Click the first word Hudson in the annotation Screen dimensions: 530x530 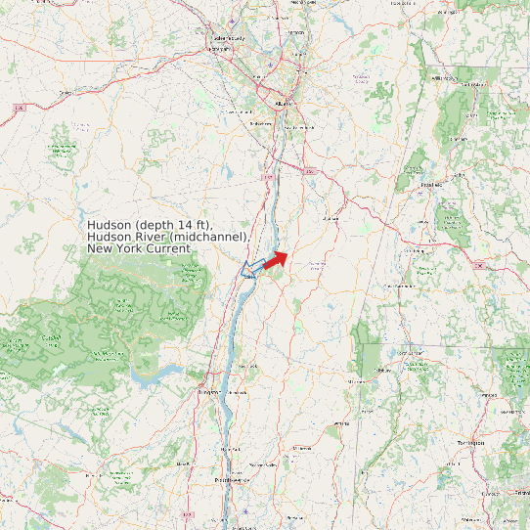click(x=109, y=225)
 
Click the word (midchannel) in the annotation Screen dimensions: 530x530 click(x=210, y=237)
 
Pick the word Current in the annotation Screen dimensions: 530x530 click(x=167, y=248)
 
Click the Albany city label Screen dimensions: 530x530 click(x=284, y=102)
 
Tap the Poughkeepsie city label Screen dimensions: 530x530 click(x=233, y=480)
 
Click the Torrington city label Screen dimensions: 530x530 click(x=470, y=442)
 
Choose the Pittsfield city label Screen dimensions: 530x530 click(x=431, y=184)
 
